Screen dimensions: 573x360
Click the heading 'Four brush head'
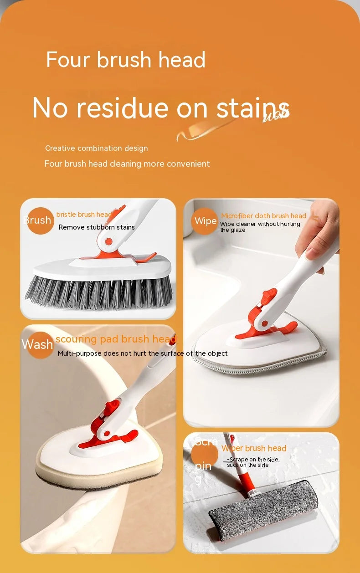click(x=126, y=60)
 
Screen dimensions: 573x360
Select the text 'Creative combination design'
click(x=96, y=148)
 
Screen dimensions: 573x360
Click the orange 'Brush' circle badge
click(x=40, y=220)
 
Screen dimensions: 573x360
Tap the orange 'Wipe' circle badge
click(x=205, y=221)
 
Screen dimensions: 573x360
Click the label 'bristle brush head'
click(x=84, y=215)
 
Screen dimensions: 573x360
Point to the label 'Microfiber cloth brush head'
click(x=263, y=216)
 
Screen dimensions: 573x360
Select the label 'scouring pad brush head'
click(x=116, y=339)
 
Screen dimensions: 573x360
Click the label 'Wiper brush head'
click(x=254, y=449)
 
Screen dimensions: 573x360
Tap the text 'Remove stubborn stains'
click(x=97, y=227)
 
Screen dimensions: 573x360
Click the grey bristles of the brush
click(x=98, y=292)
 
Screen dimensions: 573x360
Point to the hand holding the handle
click(x=319, y=232)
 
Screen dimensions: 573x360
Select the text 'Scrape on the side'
click(x=254, y=460)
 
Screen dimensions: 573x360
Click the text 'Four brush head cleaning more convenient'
click(x=127, y=164)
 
